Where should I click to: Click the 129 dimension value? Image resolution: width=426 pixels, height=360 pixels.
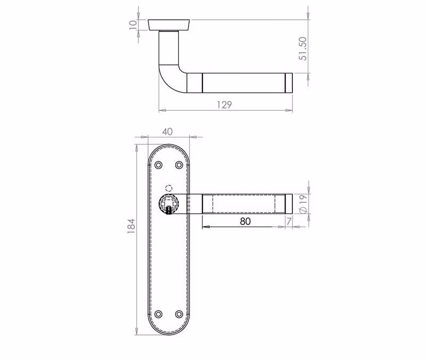click(x=224, y=104)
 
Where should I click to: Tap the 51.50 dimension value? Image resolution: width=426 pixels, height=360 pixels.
click(x=302, y=48)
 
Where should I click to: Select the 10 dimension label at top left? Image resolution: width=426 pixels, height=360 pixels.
click(x=133, y=24)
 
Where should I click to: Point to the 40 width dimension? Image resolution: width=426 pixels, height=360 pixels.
click(x=167, y=132)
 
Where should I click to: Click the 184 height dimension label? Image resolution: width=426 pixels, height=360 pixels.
click(x=131, y=226)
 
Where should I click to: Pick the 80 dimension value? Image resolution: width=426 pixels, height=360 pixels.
click(x=245, y=222)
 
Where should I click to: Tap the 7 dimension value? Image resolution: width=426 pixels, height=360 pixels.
click(x=289, y=222)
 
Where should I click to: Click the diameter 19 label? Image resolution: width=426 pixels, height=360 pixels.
click(x=304, y=203)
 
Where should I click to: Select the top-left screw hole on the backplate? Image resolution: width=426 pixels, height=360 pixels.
click(x=158, y=165)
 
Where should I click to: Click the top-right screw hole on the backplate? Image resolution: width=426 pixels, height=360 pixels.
click(x=179, y=165)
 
